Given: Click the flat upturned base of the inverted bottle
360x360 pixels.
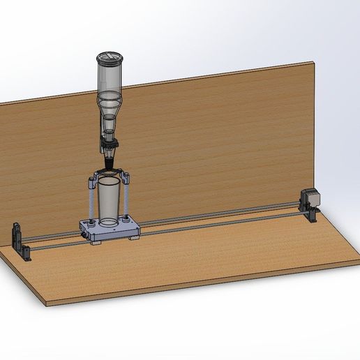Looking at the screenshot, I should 110,55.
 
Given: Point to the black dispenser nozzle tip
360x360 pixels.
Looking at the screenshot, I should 110,163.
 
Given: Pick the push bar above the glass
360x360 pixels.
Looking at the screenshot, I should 110,173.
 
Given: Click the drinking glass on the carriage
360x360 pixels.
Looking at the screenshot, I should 110,202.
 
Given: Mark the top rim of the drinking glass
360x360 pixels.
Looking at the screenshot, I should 110,181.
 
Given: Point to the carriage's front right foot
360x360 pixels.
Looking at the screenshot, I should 133,237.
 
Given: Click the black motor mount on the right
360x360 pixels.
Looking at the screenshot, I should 309,213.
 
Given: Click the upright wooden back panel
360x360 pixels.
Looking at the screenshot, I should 209,140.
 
